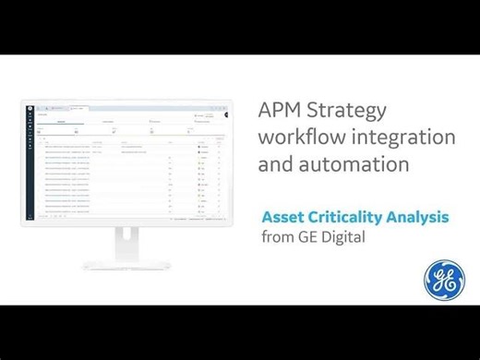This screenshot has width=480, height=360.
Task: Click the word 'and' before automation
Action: pos(277,166)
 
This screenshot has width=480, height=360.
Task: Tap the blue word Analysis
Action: pos(420,219)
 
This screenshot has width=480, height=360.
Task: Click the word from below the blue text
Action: pos(279,237)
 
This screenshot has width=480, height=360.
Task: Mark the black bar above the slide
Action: pos(240,27)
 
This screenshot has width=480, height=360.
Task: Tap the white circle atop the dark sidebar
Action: pos(26,108)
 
